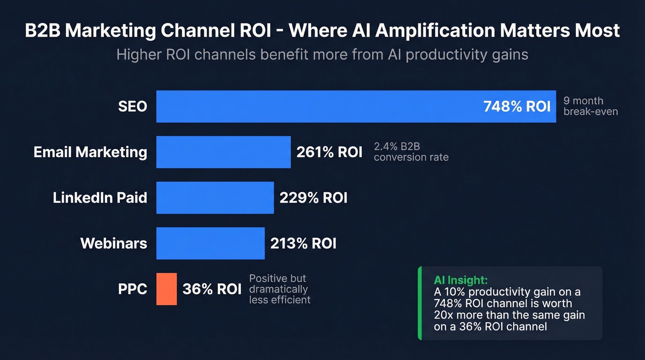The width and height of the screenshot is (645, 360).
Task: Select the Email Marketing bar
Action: point(223,152)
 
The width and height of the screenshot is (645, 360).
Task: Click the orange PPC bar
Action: point(166,289)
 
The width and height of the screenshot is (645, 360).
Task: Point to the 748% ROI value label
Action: point(517,106)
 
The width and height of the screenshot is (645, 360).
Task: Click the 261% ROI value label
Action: point(329,152)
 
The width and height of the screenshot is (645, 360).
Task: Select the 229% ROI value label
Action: point(313,198)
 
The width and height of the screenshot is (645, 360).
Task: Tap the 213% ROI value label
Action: point(303,243)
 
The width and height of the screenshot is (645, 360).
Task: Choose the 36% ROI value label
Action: point(212,289)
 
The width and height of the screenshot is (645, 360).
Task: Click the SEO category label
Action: point(132,106)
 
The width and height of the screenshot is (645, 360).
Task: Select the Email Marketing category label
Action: point(90,152)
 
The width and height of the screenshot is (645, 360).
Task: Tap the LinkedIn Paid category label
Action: point(100,198)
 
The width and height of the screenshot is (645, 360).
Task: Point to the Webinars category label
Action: point(114,243)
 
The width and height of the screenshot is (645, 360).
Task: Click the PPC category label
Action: point(133,289)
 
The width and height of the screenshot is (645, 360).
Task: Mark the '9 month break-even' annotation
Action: point(590,106)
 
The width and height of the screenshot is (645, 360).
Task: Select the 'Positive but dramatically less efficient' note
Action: point(280,289)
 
